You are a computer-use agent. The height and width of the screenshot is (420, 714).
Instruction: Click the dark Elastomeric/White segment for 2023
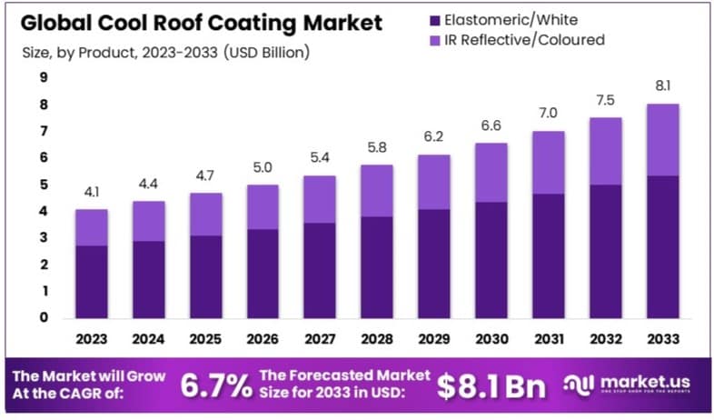92,282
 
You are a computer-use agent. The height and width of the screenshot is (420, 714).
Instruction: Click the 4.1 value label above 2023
92,192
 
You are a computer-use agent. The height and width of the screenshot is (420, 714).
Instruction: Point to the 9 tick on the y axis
43,77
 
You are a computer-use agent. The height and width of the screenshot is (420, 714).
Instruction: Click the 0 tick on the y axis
43,318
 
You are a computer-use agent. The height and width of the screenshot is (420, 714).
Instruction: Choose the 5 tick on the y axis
43,185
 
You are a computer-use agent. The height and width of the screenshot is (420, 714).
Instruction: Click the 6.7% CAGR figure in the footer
216,385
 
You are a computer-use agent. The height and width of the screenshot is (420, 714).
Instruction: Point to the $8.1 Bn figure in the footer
491,385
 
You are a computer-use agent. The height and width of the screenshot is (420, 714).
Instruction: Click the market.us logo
631,385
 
